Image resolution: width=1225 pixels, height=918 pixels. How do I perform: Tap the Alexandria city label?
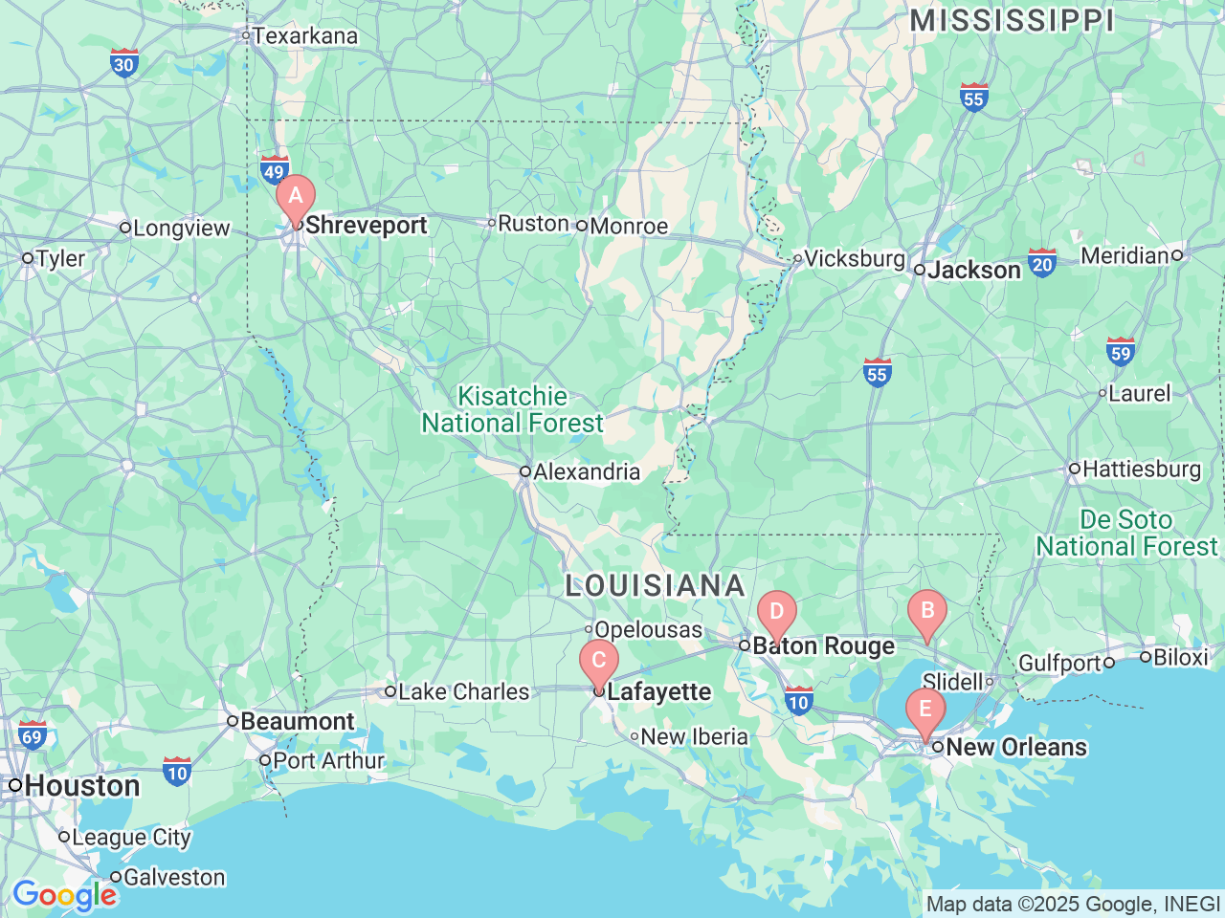(586, 471)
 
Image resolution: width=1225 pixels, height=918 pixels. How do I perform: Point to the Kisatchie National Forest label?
(513, 409)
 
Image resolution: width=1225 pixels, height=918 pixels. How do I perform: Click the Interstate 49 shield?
(275, 170)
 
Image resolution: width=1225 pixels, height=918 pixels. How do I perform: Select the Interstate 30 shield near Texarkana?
(123, 63)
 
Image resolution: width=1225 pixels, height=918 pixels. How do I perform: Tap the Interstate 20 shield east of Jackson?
(1042, 263)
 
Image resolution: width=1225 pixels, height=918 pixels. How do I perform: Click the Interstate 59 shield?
(1120, 352)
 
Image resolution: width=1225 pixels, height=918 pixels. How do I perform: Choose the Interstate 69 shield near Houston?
(32, 735)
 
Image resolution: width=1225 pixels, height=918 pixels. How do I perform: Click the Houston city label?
(81, 786)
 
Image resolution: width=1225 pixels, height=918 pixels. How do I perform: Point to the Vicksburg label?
(854, 258)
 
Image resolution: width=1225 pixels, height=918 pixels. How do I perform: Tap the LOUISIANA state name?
(655, 585)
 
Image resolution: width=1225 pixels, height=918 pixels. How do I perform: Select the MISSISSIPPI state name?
(1012, 20)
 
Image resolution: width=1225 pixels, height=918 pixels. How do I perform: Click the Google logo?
(64, 896)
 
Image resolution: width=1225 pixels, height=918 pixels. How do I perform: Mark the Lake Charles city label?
(463, 691)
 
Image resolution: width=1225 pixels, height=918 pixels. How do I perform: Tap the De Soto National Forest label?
(1126, 533)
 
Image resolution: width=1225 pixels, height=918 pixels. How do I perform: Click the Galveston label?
(174, 877)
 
